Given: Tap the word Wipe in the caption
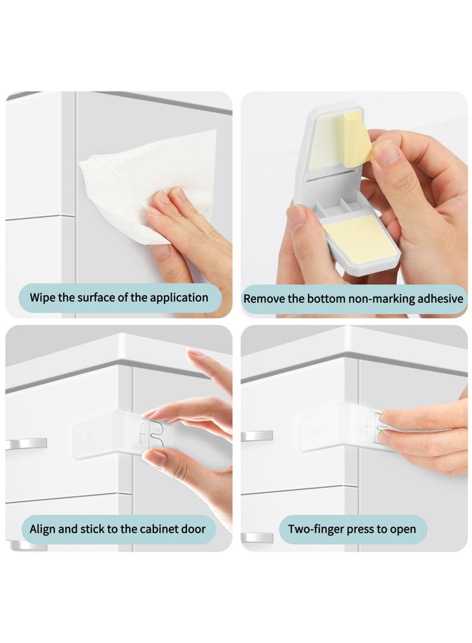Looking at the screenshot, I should click(42, 297).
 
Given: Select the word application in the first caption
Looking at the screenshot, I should click(179, 297).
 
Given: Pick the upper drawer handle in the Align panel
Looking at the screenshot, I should click(27, 443).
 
